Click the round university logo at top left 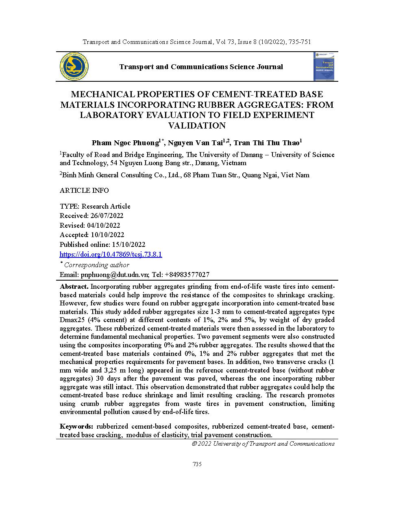(74, 66)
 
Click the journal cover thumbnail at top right (324, 66)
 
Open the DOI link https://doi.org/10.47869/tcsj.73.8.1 (111, 255)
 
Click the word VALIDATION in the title (197, 126)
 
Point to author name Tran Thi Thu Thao (266, 143)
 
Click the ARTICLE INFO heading (84, 191)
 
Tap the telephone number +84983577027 (187, 275)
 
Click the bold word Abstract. (74, 287)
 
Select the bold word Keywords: (76, 427)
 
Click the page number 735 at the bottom (197, 464)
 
